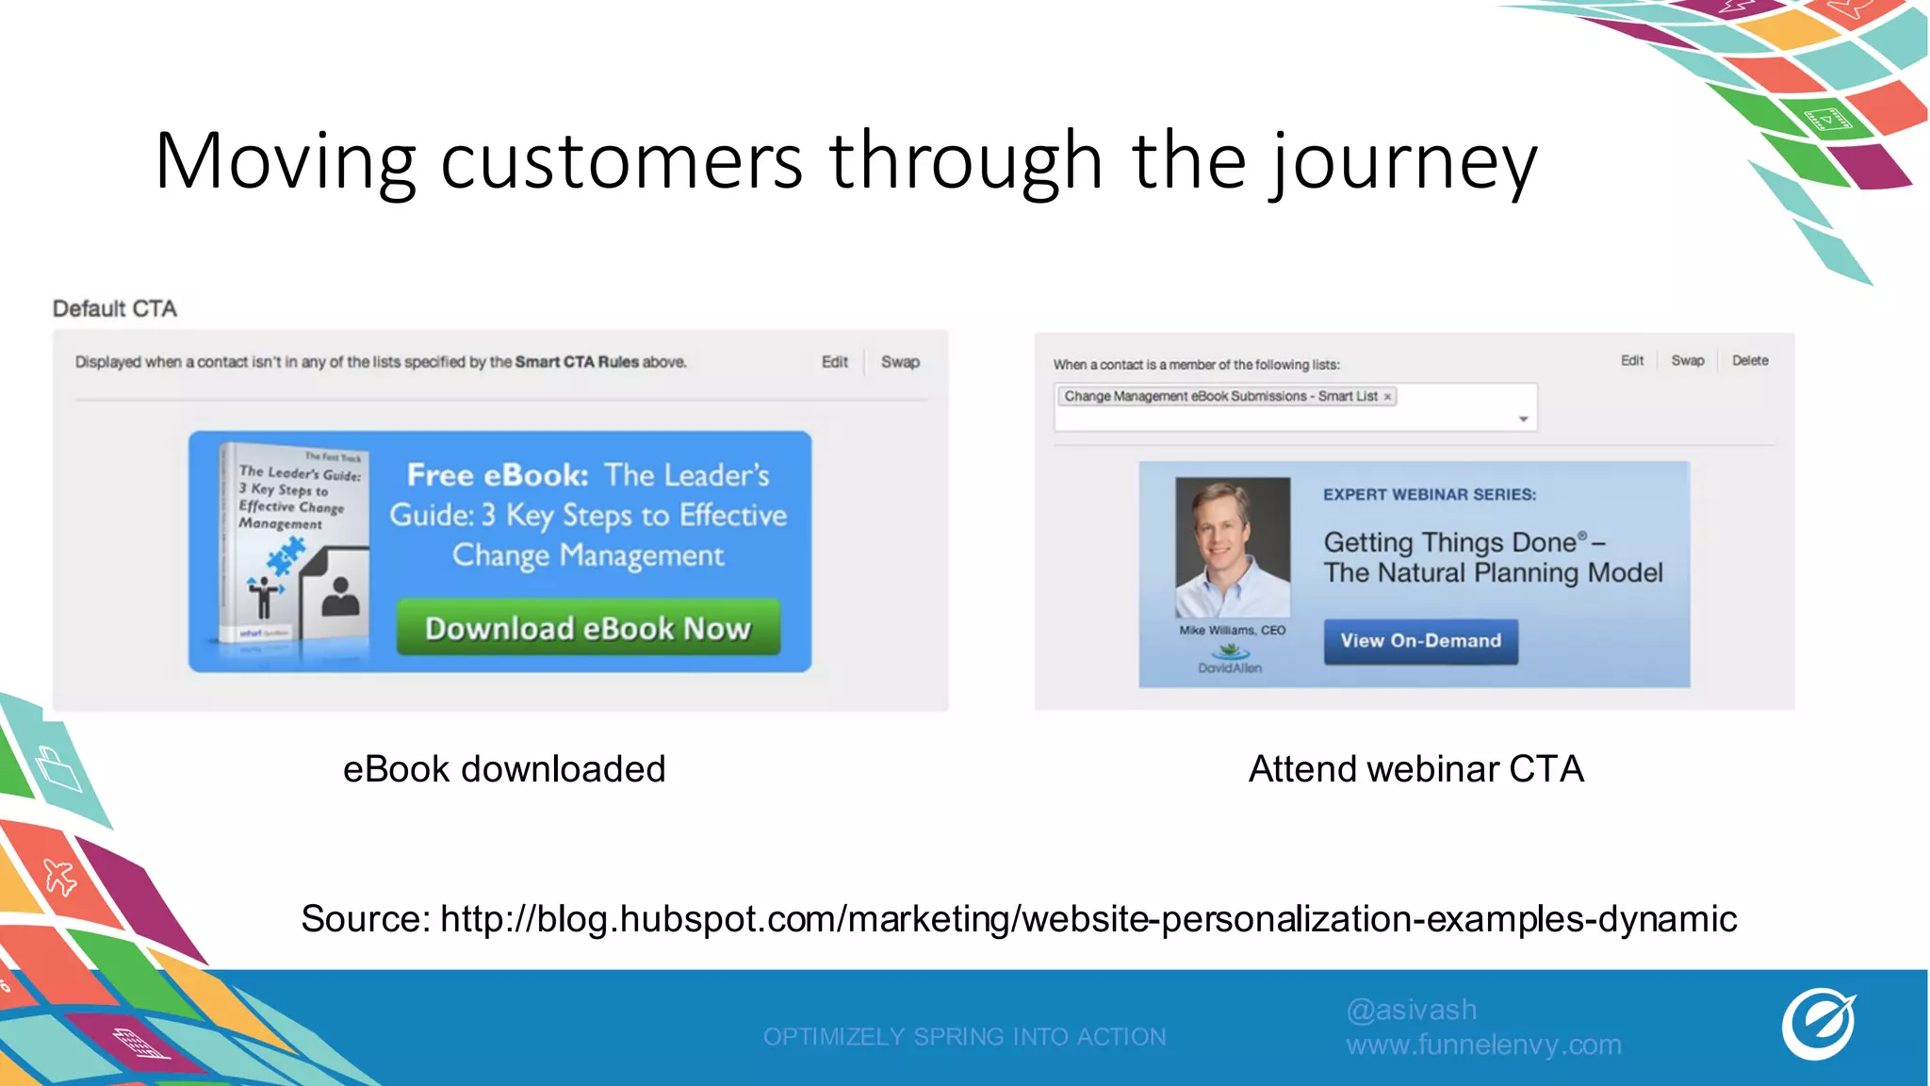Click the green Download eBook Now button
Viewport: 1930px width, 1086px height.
(x=588, y=628)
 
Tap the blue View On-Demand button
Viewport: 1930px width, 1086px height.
(x=1420, y=641)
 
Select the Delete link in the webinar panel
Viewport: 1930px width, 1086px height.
(x=1749, y=361)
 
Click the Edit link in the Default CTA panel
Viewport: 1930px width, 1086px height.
(x=834, y=362)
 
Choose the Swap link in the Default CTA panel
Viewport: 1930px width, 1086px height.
(x=900, y=362)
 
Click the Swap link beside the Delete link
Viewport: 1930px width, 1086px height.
(x=1687, y=361)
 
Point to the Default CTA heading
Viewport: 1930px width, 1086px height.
(x=115, y=309)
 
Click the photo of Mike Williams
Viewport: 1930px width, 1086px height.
(x=1233, y=547)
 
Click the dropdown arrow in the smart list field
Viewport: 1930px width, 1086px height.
(x=1523, y=420)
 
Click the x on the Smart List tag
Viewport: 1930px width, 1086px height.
(x=1387, y=397)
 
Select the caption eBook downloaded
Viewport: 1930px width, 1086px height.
(x=504, y=769)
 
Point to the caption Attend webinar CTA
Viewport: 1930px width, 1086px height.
(x=1415, y=769)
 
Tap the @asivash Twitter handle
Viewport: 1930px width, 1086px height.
(x=1411, y=1010)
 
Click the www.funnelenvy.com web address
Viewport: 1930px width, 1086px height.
(x=1483, y=1045)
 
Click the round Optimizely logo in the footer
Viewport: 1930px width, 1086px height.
(x=1818, y=1024)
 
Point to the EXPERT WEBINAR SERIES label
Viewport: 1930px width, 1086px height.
(x=1429, y=495)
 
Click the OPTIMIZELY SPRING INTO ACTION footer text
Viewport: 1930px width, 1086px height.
(x=964, y=1037)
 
